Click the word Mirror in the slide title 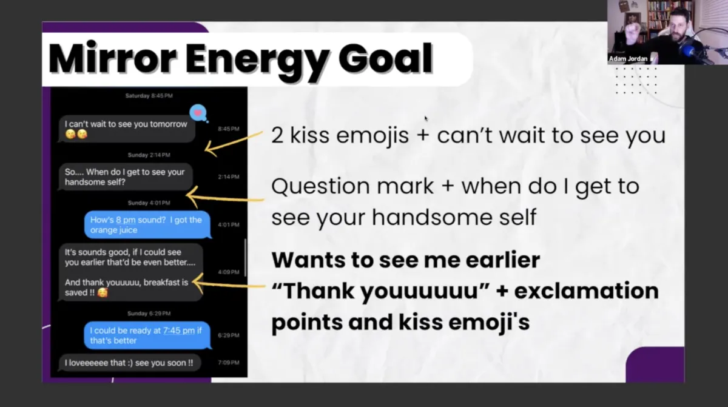click(112, 58)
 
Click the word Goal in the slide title click(385, 58)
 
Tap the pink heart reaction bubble click(198, 113)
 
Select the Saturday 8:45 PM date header click(149, 95)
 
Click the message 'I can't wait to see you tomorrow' click(126, 129)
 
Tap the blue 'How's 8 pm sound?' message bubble click(147, 225)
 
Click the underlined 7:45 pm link click(179, 331)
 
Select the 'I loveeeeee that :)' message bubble click(129, 363)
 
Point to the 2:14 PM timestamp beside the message click(229, 177)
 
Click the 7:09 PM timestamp click(229, 363)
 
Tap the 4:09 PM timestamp click(229, 272)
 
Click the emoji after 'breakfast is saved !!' click(103, 292)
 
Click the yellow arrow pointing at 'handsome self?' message click(225, 198)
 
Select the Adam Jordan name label click(628, 59)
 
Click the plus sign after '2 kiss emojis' click(423, 135)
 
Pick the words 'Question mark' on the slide click(352, 186)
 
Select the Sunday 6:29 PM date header click(149, 314)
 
